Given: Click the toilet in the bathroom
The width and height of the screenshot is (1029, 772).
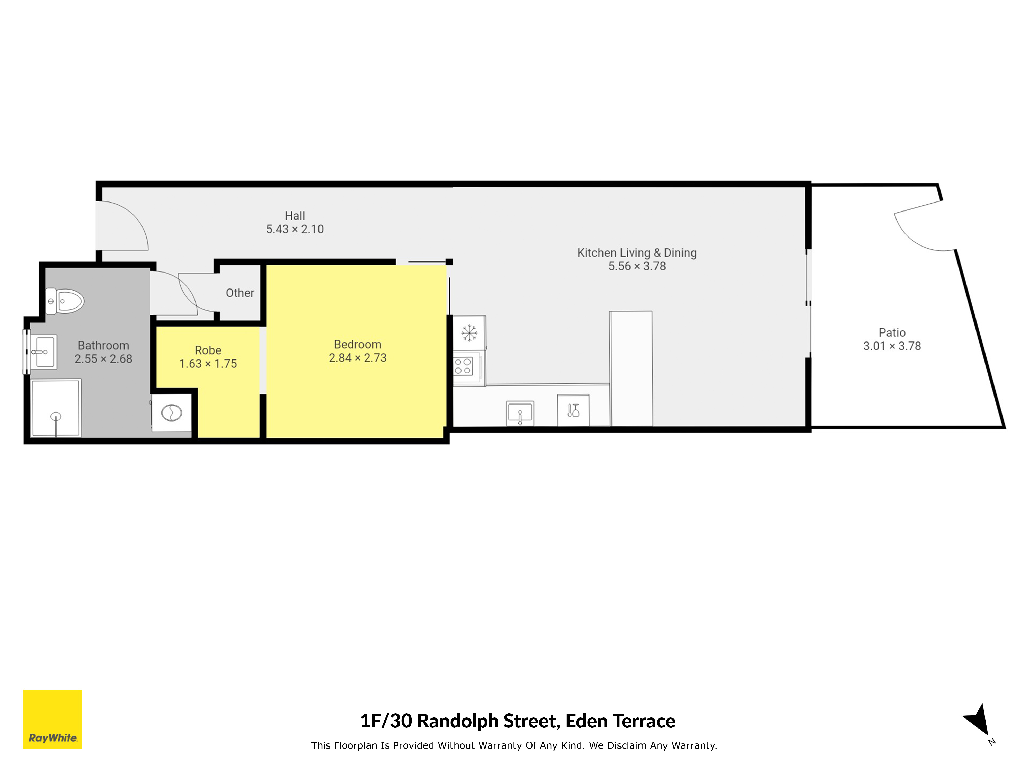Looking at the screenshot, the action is tap(64, 301).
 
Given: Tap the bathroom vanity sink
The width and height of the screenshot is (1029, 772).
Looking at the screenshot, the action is tap(44, 352).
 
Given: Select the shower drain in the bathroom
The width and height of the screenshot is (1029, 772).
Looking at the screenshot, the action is tap(56, 416).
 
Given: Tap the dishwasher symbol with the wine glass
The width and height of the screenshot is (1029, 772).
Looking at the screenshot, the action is tap(573, 410).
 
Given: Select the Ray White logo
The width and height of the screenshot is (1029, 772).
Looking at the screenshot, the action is tap(52, 719).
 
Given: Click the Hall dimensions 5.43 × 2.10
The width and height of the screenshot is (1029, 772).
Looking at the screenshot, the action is tap(295, 229).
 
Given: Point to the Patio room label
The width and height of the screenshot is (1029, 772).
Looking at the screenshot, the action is tap(892, 332).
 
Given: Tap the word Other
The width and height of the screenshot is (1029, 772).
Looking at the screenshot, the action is tap(240, 293).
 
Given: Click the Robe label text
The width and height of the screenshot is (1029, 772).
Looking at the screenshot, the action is tap(208, 350).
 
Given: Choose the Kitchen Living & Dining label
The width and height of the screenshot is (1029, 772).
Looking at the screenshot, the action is tap(637, 253).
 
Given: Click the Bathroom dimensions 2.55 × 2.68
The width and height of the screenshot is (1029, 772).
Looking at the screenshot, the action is tap(103, 359).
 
